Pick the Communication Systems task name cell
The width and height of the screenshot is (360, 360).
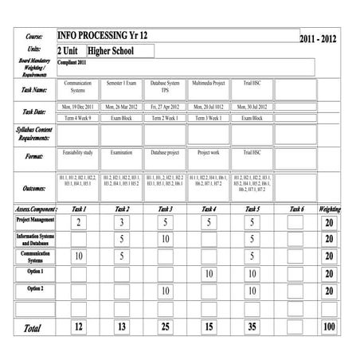tap(78, 86)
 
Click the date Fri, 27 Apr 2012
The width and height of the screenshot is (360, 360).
tap(165, 106)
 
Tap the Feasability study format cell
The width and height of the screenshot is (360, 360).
tap(78, 151)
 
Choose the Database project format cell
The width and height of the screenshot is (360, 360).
tap(165, 151)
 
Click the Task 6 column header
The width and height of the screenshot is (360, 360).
tap(296, 209)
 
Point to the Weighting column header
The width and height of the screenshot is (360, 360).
tap(329, 209)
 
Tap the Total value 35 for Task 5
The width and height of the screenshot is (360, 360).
tap(252, 327)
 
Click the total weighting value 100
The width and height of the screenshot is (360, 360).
tap(329, 327)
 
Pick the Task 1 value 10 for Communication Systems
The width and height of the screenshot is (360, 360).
tap(78, 256)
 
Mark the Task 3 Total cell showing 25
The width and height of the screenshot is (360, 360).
tap(165, 327)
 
